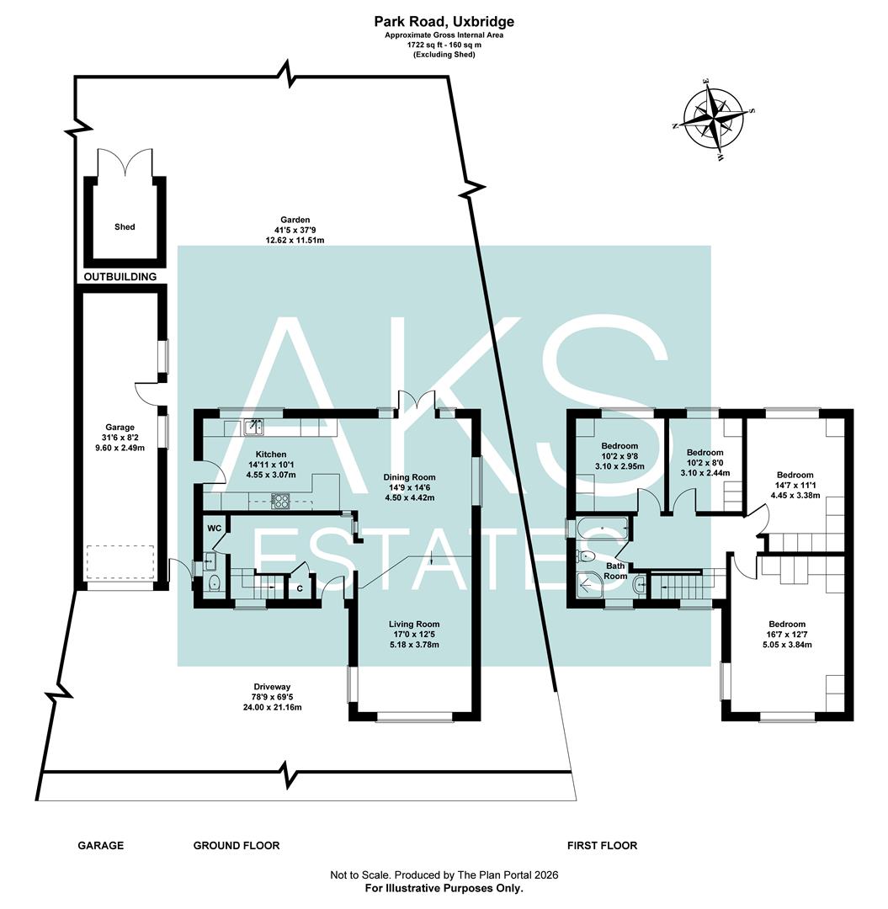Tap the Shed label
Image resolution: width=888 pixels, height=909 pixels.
(x=125, y=226)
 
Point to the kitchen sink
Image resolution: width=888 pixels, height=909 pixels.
(x=253, y=428)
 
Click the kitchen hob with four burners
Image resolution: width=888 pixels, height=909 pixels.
(x=279, y=501)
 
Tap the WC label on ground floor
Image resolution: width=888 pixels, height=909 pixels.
(x=214, y=528)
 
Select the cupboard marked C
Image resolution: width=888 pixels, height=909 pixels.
(x=300, y=588)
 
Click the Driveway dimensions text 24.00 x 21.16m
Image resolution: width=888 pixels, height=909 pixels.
(x=268, y=707)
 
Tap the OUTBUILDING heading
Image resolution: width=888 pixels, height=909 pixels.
(x=120, y=276)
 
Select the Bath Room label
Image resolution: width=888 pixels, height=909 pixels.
(x=615, y=571)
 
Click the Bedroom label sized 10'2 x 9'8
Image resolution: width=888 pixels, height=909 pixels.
(x=619, y=445)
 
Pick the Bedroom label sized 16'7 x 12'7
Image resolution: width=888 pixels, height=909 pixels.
(x=788, y=624)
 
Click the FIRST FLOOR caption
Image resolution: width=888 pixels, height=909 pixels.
(x=602, y=845)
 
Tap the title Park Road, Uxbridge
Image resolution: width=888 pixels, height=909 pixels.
(x=444, y=21)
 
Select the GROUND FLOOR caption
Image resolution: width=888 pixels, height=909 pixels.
(x=237, y=845)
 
